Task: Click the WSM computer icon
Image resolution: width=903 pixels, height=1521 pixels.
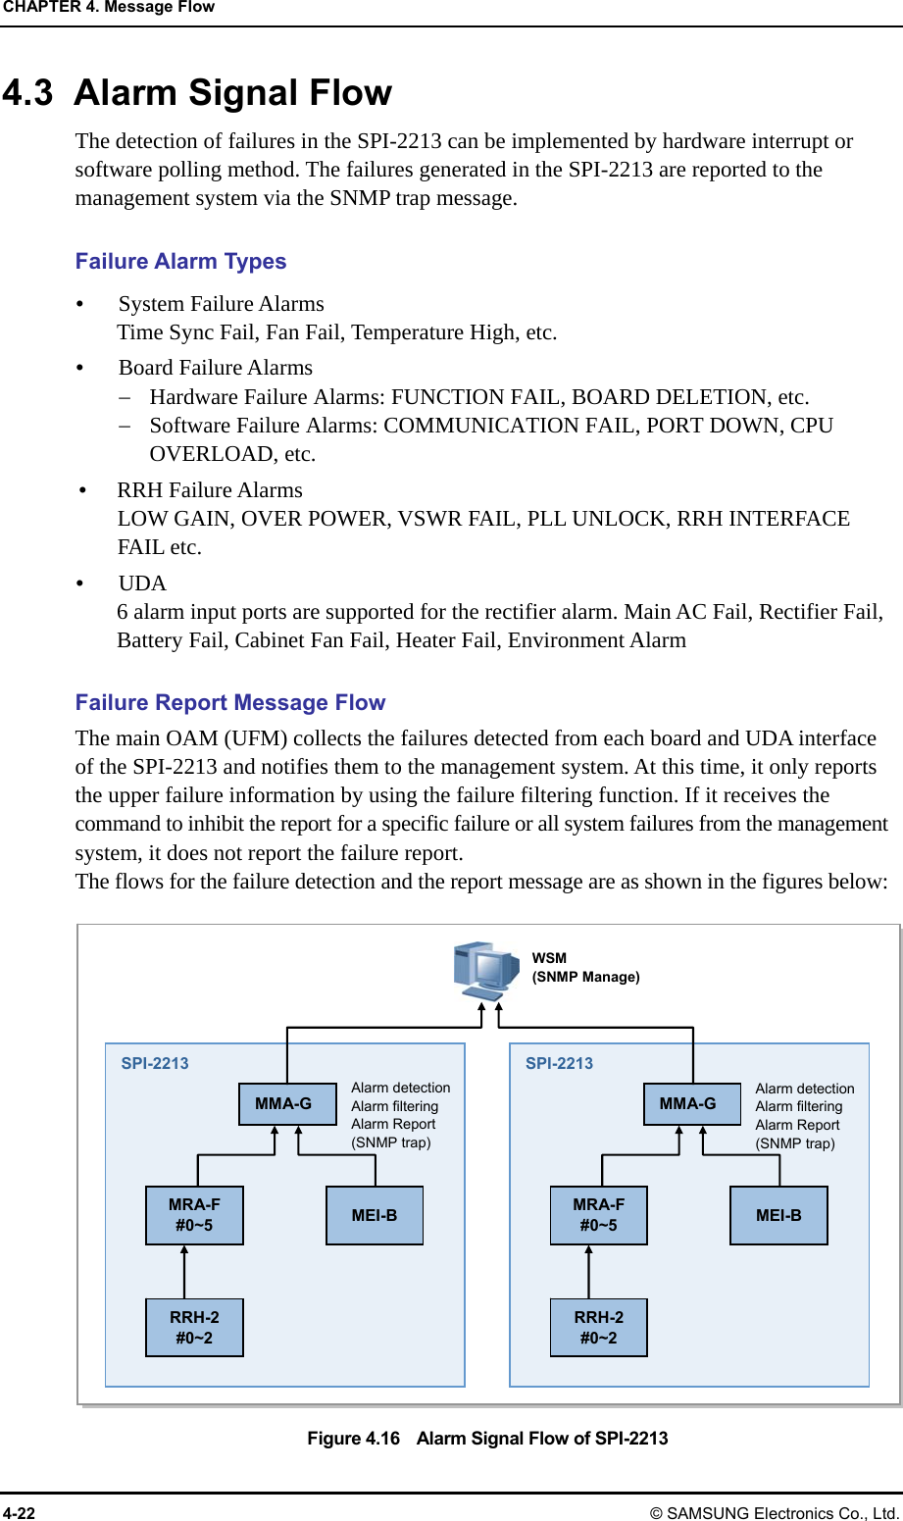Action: point(485,970)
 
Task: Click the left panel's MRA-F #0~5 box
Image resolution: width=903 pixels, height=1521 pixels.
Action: point(194,1215)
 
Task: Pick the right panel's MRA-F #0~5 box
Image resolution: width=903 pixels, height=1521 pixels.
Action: point(598,1215)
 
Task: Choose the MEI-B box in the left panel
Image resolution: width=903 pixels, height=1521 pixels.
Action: point(375,1216)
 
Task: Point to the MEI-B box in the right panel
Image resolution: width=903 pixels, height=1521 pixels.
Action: point(778,1216)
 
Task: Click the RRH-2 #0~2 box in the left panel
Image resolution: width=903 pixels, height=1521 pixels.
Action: point(194,1328)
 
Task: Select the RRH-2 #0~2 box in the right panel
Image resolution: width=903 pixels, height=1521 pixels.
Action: point(598,1328)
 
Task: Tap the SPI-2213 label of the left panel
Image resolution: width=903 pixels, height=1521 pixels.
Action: point(155,1063)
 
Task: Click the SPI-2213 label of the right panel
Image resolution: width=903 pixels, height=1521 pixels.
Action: point(559,1063)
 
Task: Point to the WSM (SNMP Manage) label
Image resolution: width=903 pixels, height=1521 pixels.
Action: point(585,968)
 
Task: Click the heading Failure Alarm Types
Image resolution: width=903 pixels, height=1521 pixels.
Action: point(180,262)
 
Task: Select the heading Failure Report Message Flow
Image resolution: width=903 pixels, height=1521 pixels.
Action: point(230,703)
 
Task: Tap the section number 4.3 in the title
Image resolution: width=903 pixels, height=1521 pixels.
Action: point(27,93)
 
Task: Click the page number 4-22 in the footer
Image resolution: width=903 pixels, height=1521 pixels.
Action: point(19,1513)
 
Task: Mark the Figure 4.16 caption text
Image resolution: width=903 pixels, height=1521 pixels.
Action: point(487,1439)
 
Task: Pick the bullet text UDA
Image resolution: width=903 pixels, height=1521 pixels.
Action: point(142,583)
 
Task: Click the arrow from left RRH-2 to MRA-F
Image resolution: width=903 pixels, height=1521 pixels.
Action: point(184,1272)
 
